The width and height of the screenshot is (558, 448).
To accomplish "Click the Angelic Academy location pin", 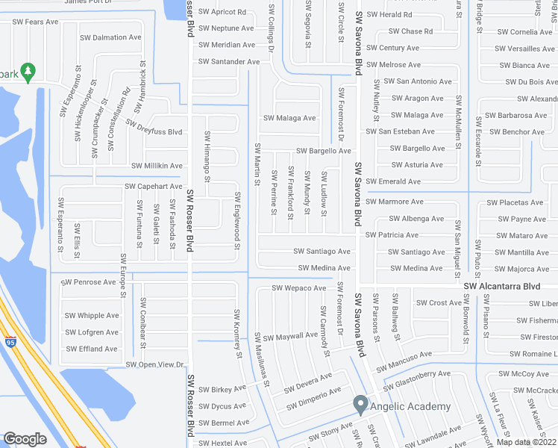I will [x=360, y=405].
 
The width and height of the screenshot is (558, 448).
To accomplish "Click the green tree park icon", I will [x=28, y=72].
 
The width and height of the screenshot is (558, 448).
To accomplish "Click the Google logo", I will [x=25, y=439].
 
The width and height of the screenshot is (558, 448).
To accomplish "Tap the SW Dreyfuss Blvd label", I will [x=154, y=127].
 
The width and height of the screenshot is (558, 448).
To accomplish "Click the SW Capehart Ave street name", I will [x=153, y=186].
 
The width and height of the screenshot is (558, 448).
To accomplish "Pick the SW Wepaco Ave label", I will [x=298, y=287].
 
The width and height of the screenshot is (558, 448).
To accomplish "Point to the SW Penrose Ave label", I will [x=90, y=282].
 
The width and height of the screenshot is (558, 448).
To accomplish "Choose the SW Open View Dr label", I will [x=154, y=364].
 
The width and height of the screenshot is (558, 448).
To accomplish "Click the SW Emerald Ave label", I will [x=394, y=181].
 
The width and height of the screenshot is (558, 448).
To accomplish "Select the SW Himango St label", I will [x=207, y=157].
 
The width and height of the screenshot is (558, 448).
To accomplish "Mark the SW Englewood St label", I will [x=236, y=217].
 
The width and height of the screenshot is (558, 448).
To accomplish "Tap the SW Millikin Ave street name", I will [x=157, y=166].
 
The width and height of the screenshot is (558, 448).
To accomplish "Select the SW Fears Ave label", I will [x=31, y=22].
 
